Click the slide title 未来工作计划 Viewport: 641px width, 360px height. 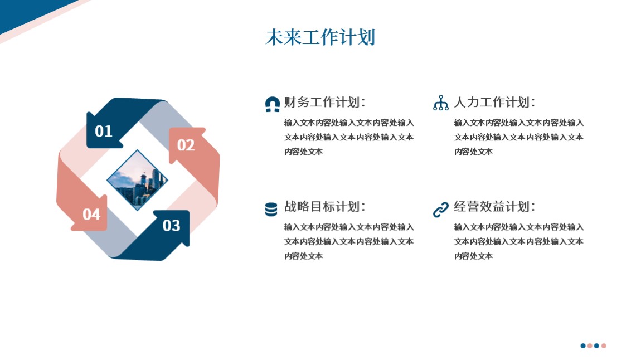tap(320, 37)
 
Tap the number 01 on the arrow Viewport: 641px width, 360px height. tap(104, 131)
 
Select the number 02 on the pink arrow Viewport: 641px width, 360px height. tap(186, 145)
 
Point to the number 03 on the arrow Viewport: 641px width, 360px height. tap(171, 226)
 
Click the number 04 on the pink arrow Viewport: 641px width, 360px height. tap(91, 214)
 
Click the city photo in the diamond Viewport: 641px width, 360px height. tap(137, 180)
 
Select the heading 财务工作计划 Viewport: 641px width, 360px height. tap(324, 102)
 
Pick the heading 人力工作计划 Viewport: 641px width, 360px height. tap(494, 102)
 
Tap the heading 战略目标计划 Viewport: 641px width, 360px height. tap(324, 206)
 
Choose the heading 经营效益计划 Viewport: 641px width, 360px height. tap(494, 206)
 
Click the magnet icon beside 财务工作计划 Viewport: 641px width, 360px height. tap(272, 104)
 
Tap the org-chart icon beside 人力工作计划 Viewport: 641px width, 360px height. tap(441, 103)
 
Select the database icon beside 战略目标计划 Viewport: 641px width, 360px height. tap(271, 209)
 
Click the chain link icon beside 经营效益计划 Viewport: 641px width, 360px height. tap(441, 209)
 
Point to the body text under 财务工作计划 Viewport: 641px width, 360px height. tap(349, 137)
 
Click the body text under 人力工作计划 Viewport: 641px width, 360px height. tap(519, 137)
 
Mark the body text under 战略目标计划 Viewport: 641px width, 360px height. tap(349, 241)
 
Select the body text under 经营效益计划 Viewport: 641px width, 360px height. tap(519, 241)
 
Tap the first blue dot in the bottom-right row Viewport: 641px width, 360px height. tap(583, 346)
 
